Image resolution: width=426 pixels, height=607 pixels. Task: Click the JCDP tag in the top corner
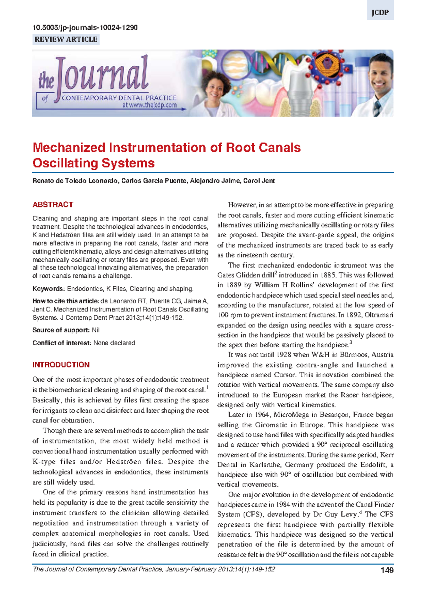380,13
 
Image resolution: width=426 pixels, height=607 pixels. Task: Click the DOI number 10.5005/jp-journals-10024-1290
85,27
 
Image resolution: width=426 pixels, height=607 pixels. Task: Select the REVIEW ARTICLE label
66,39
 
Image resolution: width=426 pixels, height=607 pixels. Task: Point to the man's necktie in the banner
377,108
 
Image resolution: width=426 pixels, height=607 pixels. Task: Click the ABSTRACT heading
53,205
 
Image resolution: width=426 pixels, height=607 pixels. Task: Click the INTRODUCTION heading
61,365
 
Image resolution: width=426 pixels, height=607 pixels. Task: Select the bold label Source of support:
61,330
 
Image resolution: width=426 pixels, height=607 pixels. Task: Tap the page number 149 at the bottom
387,570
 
